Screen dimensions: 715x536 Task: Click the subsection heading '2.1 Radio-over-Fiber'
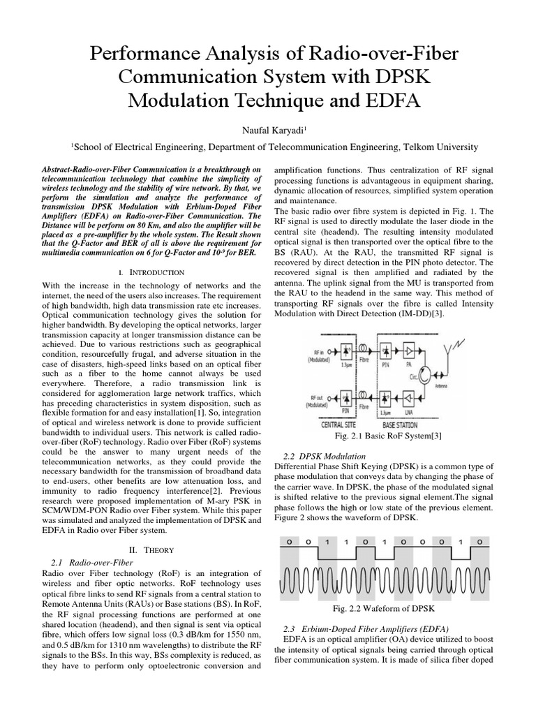coord(92,561)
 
